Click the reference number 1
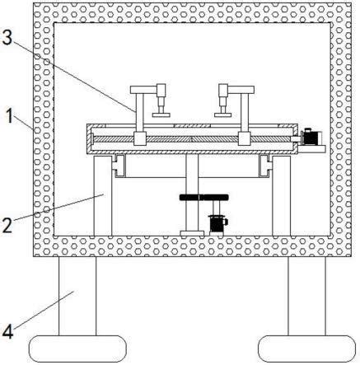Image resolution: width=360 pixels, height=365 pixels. (x=10, y=115)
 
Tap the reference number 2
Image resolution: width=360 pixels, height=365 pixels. (x=7, y=225)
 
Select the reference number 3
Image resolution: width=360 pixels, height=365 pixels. (x=7, y=37)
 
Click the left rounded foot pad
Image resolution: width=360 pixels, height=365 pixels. (x=77, y=349)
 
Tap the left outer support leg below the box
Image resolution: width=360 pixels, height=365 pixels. (x=77, y=296)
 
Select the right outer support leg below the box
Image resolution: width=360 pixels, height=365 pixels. (x=307, y=296)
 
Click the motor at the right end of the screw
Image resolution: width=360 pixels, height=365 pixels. (x=311, y=138)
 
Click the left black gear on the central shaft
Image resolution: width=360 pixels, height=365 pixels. (x=191, y=197)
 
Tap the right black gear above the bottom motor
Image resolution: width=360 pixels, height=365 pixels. (x=216, y=197)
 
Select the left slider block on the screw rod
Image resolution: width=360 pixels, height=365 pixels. (x=140, y=138)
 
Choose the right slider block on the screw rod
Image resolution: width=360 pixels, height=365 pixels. (x=244, y=138)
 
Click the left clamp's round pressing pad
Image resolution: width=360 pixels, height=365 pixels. (x=161, y=115)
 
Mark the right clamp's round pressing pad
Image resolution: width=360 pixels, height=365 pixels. (x=223, y=115)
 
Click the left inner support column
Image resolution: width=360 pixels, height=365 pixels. (x=103, y=195)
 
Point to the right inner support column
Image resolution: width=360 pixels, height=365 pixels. (x=281, y=195)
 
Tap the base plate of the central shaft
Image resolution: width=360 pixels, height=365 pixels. (x=192, y=233)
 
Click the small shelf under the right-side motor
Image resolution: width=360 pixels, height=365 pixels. (x=311, y=149)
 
